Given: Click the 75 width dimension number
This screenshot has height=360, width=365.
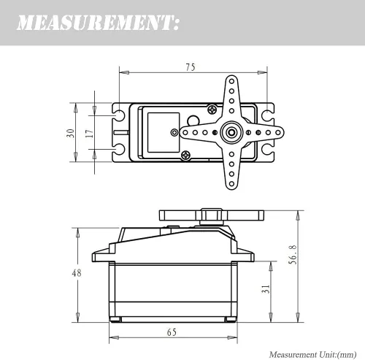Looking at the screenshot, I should tap(191, 67).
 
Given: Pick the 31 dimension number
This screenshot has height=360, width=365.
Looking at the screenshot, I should tap(266, 289).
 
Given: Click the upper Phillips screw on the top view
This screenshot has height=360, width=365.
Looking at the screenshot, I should tap(212, 110).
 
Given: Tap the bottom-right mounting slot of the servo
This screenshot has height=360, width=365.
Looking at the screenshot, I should tap(267, 150).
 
